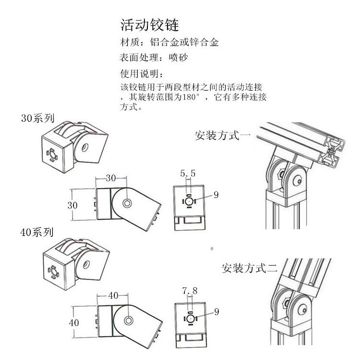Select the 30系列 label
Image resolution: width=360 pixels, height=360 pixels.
click(37, 117)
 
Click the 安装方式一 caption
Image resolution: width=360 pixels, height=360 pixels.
click(222, 135)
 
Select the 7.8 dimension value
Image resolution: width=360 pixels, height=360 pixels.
click(190, 290)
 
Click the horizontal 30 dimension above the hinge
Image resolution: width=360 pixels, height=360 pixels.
click(111, 178)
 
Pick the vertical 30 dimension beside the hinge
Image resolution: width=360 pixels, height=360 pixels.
click(72, 205)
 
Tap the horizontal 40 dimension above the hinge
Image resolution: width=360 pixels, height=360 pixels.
click(113, 295)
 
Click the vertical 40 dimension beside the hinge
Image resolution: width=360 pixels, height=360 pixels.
click(73, 323)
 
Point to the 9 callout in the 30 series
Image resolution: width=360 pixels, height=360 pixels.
click(216, 195)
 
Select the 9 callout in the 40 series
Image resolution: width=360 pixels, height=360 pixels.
click(216, 312)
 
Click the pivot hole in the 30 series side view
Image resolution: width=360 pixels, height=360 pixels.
click(127, 203)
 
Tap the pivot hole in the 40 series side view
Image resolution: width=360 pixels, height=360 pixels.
click(129, 320)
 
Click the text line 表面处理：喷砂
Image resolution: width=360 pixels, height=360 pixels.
click(153, 58)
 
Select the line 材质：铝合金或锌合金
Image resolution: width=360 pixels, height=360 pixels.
click(168, 42)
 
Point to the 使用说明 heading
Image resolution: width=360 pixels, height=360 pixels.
click(141, 74)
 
